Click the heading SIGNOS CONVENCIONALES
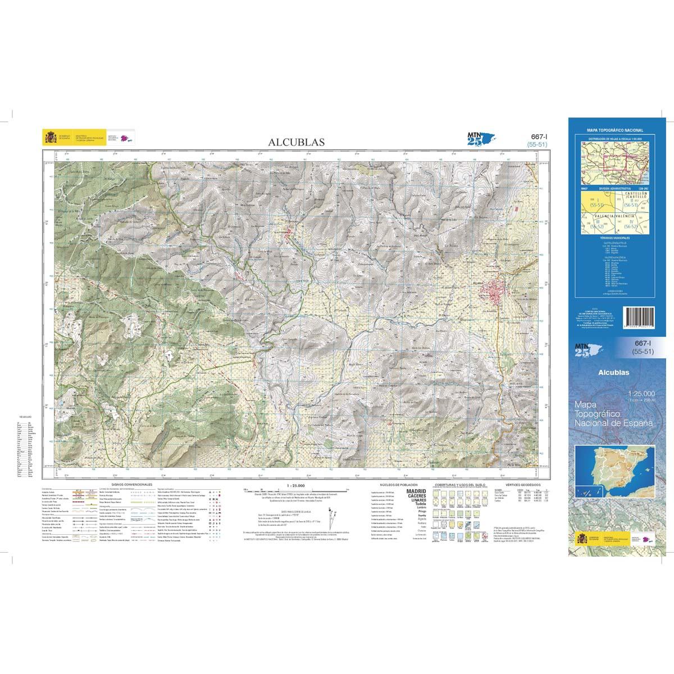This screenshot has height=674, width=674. click(x=131, y=484)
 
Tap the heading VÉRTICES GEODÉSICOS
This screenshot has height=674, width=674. click(x=522, y=484)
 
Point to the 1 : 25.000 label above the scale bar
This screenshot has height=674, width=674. click(x=295, y=484)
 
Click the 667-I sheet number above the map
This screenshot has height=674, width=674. click(x=539, y=136)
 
